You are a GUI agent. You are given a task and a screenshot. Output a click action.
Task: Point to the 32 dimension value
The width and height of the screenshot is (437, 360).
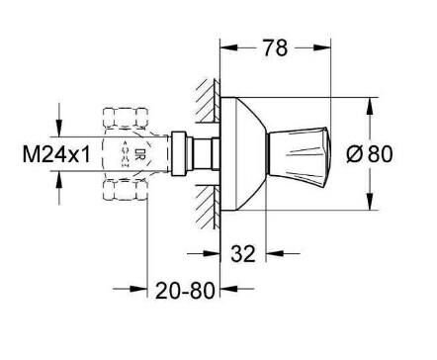[x=242, y=254]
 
